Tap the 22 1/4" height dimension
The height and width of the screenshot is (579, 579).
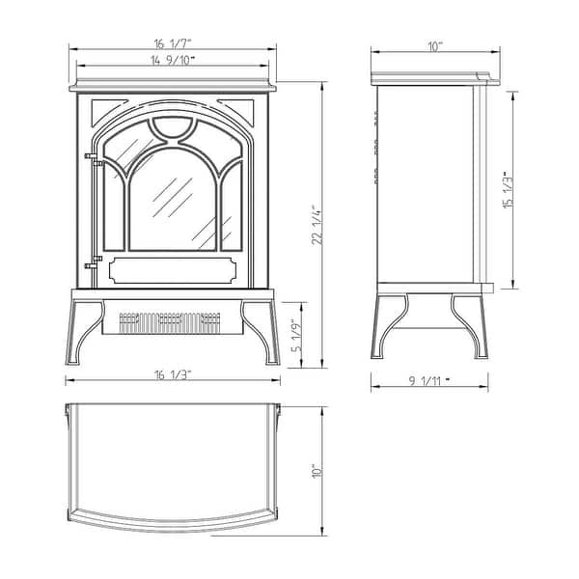pyautogui.click(x=314, y=226)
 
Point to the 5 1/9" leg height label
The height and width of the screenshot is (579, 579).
pyautogui.click(x=297, y=335)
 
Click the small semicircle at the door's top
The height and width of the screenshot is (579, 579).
pyautogui.click(x=174, y=125)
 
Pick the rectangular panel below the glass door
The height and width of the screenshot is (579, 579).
pyautogui.click(x=174, y=268)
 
